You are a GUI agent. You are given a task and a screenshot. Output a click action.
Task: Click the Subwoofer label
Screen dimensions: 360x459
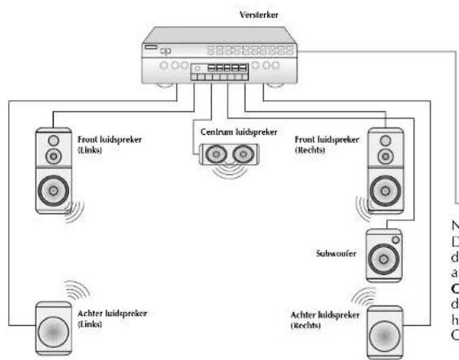point(334,253)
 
